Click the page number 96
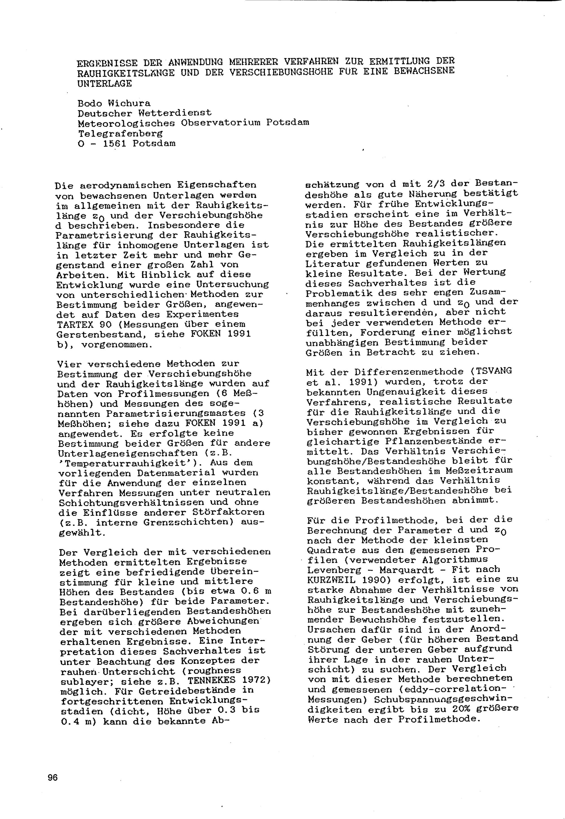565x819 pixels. tap(52, 778)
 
